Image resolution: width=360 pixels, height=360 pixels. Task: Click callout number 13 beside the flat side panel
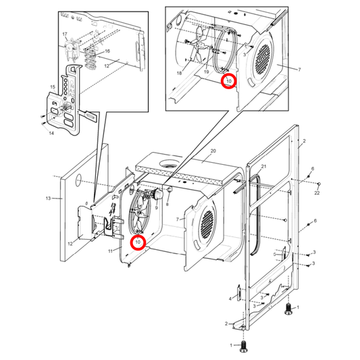48,199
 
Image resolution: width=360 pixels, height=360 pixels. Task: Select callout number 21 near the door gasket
264,166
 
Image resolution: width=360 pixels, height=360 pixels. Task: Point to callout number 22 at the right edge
317,195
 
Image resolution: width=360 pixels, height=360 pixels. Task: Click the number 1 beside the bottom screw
232,345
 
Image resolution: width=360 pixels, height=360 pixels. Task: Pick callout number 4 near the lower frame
230,299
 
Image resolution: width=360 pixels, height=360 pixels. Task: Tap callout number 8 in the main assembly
167,203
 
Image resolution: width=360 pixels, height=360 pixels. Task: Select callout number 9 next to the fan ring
155,209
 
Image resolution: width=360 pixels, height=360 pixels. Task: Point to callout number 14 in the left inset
51,134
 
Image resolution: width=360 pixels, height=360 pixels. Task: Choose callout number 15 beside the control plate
53,87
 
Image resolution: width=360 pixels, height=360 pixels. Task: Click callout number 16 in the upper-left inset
106,51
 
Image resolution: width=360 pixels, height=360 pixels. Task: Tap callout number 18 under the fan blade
180,72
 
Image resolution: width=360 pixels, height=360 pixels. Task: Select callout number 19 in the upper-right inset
205,72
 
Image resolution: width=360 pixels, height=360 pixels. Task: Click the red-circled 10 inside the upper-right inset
229,81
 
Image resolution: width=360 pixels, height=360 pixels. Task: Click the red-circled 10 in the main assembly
137,242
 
